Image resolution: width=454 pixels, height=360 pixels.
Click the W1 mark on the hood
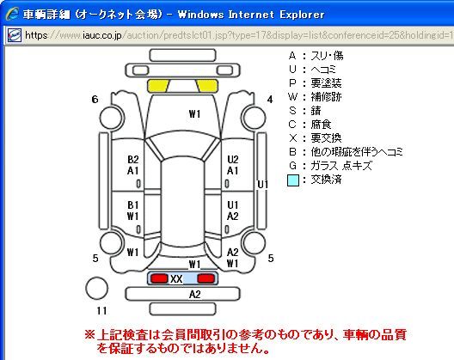[x=194, y=113]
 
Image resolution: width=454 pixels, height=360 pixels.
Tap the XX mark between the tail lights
[x=176, y=279]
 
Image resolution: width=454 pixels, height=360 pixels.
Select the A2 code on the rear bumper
[x=194, y=295]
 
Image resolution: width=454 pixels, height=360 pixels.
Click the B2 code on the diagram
[x=133, y=160]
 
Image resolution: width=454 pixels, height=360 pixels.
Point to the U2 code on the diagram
[x=233, y=160]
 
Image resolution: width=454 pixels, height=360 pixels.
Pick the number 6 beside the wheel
[x=95, y=100]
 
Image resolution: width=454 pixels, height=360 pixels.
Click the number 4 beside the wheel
[x=270, y=100]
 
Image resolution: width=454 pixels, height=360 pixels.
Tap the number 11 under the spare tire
[x=101, y=310]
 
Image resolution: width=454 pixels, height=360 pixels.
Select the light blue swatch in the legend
[x=292, y=180]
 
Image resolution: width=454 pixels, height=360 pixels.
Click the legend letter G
[x=292, y=166]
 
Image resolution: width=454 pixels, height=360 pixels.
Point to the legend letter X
[x=292, y=138]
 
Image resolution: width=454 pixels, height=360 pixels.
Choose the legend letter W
[x=292, y=96]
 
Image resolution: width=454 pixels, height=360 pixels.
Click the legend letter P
[x=292, y=83]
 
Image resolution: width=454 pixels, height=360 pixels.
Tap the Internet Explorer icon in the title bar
[x=12, y=14]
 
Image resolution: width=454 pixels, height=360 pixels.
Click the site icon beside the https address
[x=14, y=35]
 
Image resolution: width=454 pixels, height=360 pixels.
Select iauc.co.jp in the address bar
[x=102, y=35]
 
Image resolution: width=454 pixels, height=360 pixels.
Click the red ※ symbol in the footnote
[x=89, y=335]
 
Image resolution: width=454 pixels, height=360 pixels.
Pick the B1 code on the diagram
[x=133, y=204]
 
